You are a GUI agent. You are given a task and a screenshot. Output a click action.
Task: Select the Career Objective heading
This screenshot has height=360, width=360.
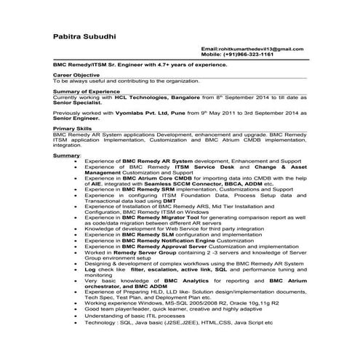(77, 75)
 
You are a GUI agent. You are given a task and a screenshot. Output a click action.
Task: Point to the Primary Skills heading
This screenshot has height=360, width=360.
(73, 127)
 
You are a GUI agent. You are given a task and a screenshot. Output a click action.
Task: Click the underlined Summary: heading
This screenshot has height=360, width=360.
(66, 156)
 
